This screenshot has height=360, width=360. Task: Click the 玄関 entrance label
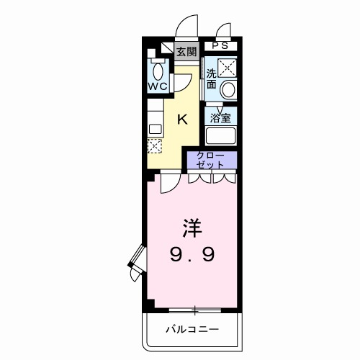click(x=186, y=51)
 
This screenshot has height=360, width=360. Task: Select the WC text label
click(x=158, y=86)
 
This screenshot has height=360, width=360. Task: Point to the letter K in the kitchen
click(x=182, y=120)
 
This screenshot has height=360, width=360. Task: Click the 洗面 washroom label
click(x=212, y=78)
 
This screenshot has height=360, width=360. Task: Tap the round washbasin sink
click(x=228, y=91)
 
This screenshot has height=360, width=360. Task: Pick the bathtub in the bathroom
click(x=221, y=135)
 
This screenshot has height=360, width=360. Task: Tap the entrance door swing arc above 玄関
click(x=188, y=24)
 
